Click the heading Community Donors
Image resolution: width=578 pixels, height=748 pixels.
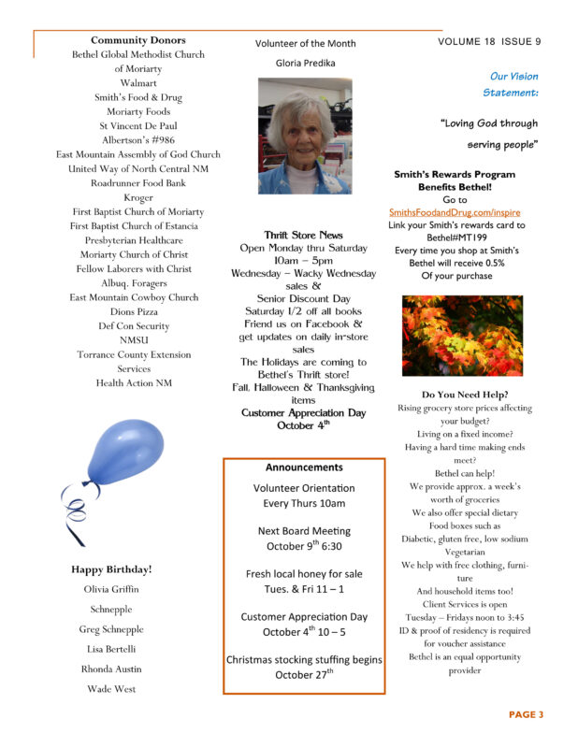[138, 40]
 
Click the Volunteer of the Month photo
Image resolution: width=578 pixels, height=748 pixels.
[304, 136]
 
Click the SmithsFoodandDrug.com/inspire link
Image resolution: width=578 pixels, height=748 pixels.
[455, 213]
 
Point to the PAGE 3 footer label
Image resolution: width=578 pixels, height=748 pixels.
[526, 714]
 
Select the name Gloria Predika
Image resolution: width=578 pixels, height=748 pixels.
[304, 63]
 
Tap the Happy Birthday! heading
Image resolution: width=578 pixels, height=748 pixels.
[111, 568]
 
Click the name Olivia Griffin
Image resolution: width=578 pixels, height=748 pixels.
[111, 589]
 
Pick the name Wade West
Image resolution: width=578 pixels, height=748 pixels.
[111, 689]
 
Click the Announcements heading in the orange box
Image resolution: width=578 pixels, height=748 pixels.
[304, 467]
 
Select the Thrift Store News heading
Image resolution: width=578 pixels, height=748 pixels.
[304, 235]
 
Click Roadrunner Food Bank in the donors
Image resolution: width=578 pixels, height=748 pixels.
[138, 183]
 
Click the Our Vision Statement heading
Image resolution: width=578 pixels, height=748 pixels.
[513, 84]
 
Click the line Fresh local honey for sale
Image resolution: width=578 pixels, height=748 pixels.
[304, 573]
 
